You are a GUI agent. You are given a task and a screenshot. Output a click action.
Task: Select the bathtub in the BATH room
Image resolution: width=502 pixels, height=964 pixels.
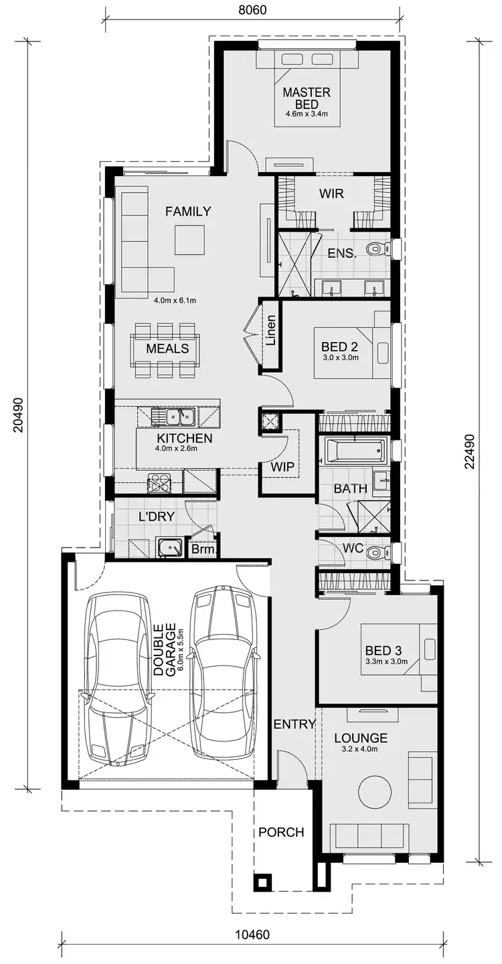pos(355,451)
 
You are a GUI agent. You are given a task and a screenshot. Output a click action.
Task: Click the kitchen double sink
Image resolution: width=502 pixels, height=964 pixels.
pos(180,418)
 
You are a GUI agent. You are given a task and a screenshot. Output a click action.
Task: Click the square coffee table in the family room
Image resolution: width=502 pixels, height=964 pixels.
pos(189,240)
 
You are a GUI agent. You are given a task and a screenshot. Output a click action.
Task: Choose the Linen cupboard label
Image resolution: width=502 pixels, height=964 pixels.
pos(270,331)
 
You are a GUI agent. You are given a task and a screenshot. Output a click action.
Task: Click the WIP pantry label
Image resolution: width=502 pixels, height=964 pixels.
pos(282,466)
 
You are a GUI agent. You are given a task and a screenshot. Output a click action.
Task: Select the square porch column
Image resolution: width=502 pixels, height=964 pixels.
pos(262,882)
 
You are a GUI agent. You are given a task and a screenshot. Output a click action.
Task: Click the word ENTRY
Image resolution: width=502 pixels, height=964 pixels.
pos(294,724)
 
